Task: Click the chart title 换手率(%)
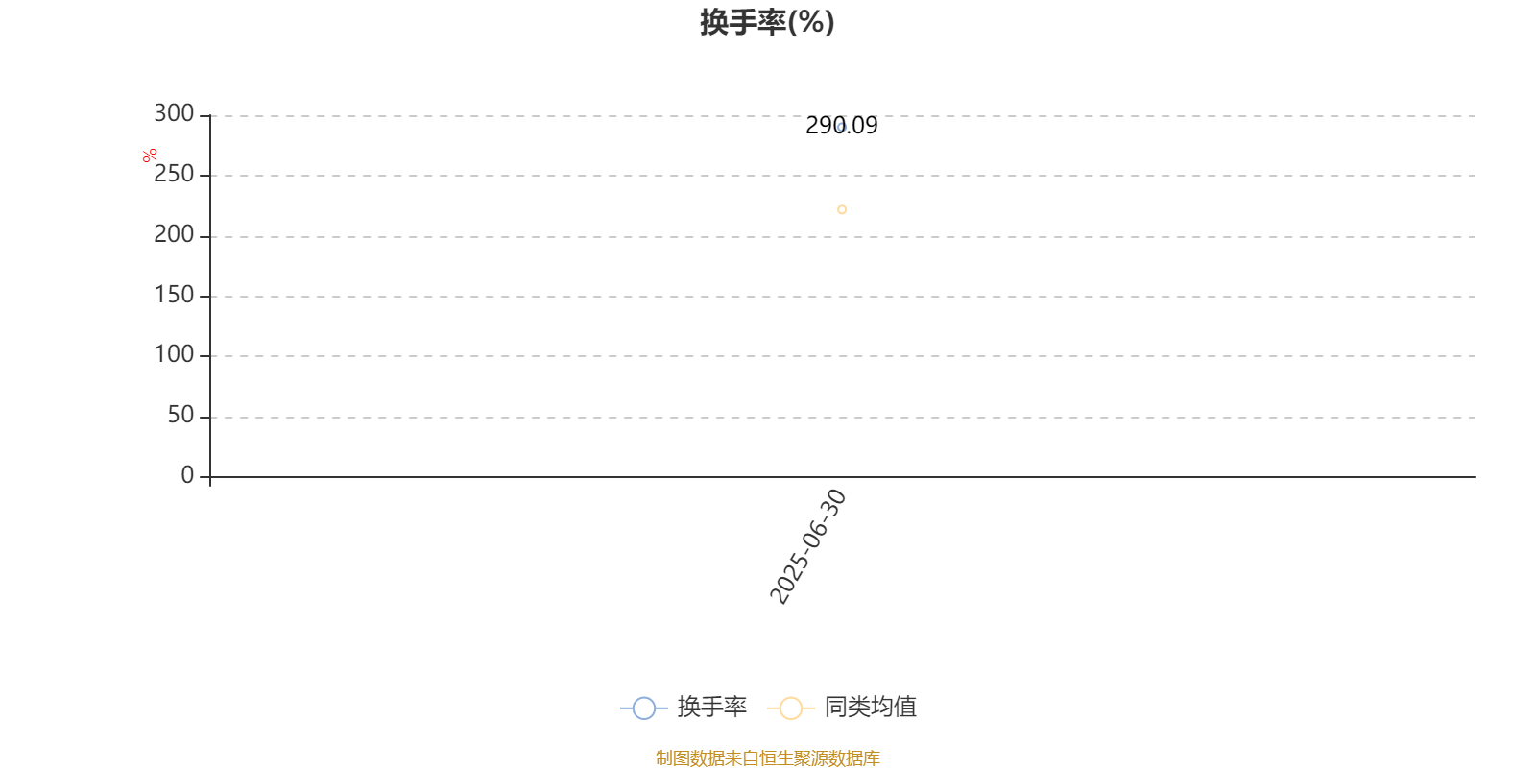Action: [x=767, y=22]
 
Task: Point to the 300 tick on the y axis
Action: [x=174, y=113]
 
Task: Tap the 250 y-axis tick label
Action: [x=174, y=174]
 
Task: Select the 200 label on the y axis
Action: [x=174, y=234]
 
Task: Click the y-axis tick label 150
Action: [x=174, y=295]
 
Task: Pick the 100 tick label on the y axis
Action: [x=174, y=354]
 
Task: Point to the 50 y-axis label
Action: [x=181, y=415]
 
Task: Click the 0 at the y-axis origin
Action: [x=187, y=474]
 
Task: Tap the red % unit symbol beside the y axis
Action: [x=150, y=156]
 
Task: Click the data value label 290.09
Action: [x=841, y=126]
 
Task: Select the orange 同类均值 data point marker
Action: [x=842, y=210]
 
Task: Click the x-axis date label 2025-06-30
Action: [x=808, y=546]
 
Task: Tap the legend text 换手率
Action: [x=711, y=707]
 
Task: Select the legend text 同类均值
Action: [x=870, y=707]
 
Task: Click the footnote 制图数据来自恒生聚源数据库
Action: [x=767, y=757]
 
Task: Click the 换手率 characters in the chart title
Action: [x=743, y=22]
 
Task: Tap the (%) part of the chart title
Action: [x=811, y=22]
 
